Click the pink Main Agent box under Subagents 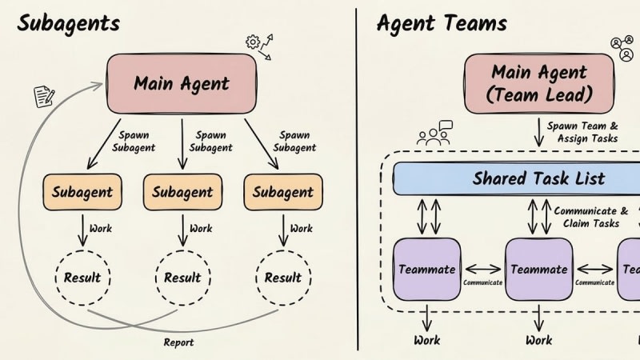[x=181, y=82]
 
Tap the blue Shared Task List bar [x=516, y=178]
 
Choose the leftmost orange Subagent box [x=82, y=192]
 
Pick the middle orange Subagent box [x=182, y=192]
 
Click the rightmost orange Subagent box [x=282, y=192]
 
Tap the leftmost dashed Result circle [x=82, y=278]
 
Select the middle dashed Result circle [x=182, y=278]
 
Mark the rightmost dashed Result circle [x=282, y=278]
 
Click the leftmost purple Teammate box [x=428, y=270]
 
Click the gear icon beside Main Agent [x=253, y=42]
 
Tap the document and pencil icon [x=43, y=97]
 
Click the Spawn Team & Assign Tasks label [x=582, y=132]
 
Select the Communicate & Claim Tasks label [x=586, y=217]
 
